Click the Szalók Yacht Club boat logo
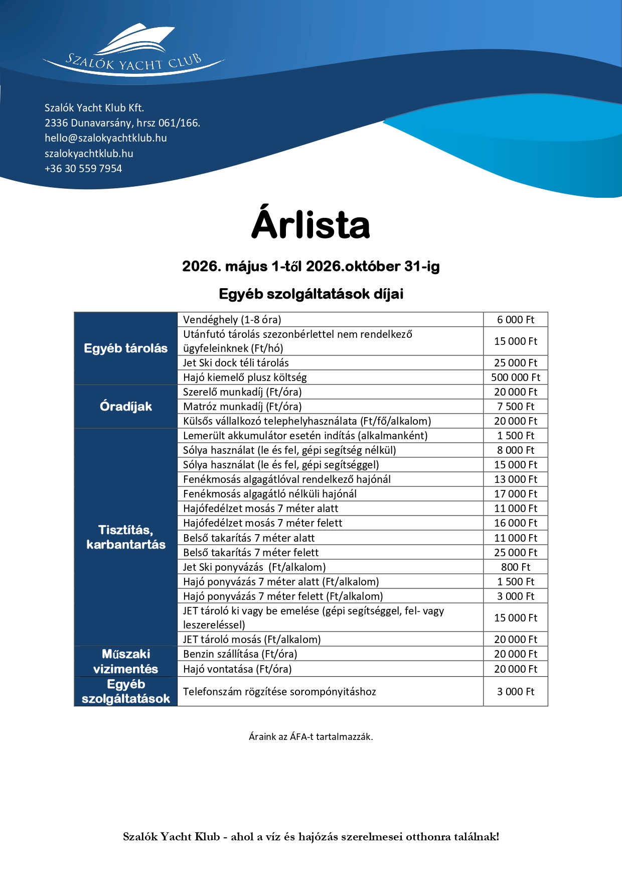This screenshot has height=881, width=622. [134, 49]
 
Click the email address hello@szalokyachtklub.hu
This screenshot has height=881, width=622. [105, 138]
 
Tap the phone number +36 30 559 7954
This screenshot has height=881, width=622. [83, 169]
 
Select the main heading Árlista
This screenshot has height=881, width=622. [310, 224]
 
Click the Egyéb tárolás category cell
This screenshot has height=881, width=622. [126, 348]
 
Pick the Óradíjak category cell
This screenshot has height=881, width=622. [126, 407]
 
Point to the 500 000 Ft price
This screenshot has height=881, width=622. [516, 377]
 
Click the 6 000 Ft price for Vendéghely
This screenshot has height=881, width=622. [516, 320]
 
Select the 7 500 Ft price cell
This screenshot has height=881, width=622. [516, 407]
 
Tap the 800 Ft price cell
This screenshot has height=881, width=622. [516, 567]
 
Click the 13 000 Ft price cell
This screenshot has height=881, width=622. [516, 479]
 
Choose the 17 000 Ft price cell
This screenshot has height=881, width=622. [516, 494]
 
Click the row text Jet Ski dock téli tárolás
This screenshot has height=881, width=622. [236, 363]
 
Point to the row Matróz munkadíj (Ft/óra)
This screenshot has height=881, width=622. [242, 407]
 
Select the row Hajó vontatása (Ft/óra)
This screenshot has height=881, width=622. [237, 669]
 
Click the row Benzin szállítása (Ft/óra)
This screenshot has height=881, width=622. [240, 654]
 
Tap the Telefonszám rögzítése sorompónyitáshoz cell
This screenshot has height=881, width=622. [279, 692]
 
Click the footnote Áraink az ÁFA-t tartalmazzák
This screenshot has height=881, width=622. [310, 737]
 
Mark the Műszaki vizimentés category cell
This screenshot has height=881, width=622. [126, 662]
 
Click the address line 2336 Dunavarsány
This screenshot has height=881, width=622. [122, 123]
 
